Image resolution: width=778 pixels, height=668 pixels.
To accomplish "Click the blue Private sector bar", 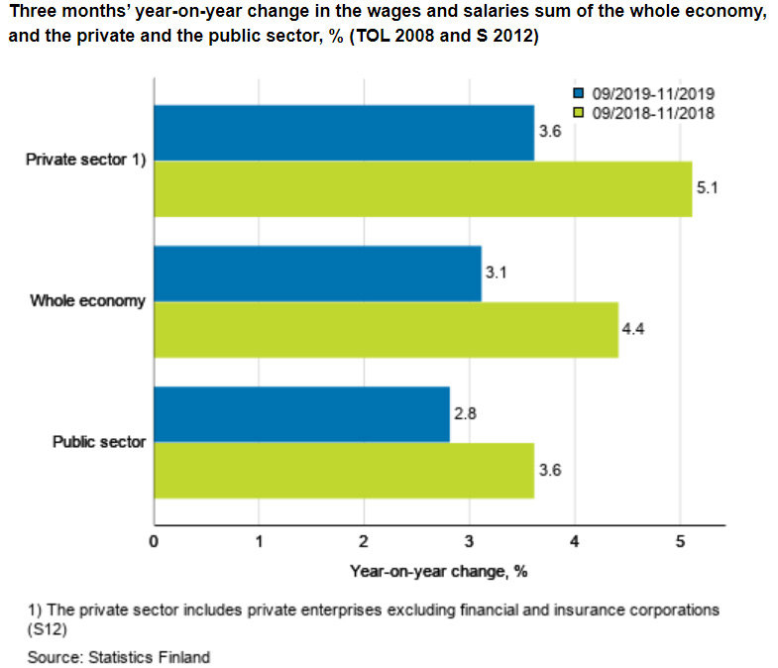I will [x=343, y=132].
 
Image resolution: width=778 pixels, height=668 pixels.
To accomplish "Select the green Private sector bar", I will [x=422, y=188].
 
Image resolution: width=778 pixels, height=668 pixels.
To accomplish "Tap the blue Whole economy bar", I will [x=317, y=274].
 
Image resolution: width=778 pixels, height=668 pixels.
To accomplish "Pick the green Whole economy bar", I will [x=386, y=330].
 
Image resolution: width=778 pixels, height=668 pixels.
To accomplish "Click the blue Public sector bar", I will [x=301, y=414].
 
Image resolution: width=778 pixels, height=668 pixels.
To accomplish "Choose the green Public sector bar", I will [x=343, y=471].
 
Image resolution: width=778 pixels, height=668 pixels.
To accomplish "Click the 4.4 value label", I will [x=633, y=328].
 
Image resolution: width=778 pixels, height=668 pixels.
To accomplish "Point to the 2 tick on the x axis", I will [x=364, y=541].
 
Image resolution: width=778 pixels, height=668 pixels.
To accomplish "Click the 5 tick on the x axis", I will [x=680, y=541].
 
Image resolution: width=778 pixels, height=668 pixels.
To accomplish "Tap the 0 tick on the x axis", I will [x=154, y=541].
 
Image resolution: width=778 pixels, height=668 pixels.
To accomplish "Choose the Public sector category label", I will [x=99, y=442].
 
